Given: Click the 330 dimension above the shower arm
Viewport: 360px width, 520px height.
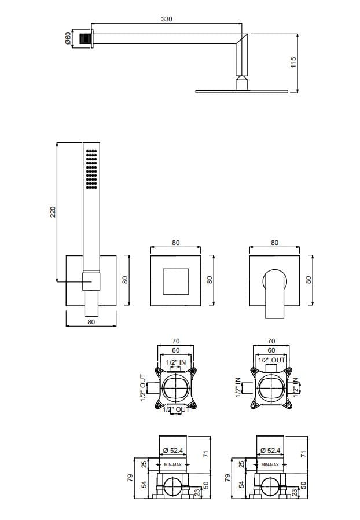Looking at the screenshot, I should click(167, 19).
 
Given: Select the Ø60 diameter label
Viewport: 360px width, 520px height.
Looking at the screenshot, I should click(68, 38).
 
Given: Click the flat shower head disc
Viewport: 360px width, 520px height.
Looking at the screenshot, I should click(241, 90).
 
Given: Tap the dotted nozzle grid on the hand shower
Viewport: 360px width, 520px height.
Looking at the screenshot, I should click(91, 169).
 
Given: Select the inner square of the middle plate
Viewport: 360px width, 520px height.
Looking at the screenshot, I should click(175, 280).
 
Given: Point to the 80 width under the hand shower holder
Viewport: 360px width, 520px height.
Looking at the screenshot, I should click(91, 322).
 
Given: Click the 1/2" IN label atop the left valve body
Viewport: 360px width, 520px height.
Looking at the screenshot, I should click(175, 362).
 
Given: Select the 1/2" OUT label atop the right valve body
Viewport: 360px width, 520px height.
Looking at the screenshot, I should click(271, 360).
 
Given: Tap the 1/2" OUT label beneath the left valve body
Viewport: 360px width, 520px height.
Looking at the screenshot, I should click(175, 409).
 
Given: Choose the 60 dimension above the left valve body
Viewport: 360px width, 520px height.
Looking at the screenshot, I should click(175, 350).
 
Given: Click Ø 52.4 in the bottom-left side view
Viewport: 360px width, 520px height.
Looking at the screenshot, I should click(174, 450).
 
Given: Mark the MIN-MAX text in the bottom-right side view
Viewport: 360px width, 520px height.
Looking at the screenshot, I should click(270, 464).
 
